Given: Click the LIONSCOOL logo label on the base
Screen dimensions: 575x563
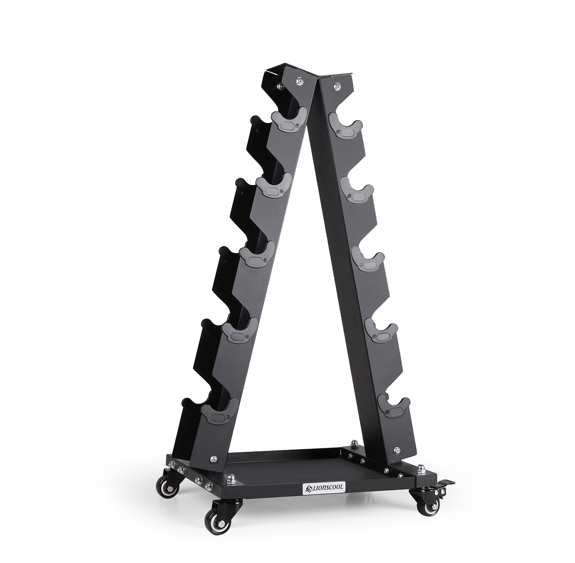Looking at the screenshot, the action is tap(325, 487).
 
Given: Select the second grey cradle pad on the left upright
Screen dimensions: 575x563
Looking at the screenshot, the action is tap(274, 186).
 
